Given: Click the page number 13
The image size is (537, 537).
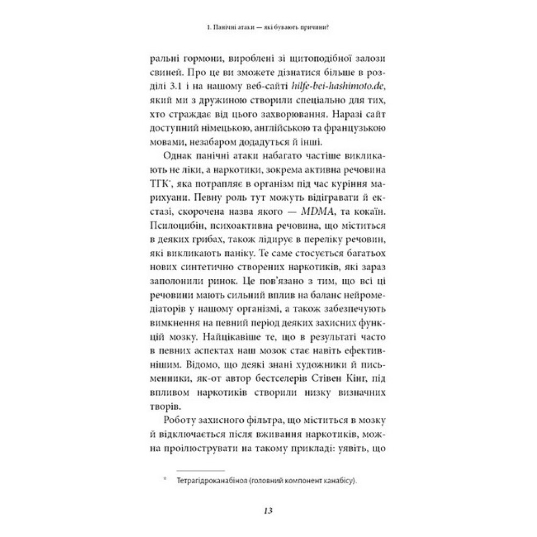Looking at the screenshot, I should click(268, 510).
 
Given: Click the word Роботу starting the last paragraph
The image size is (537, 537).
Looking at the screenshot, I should click(162, 420).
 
